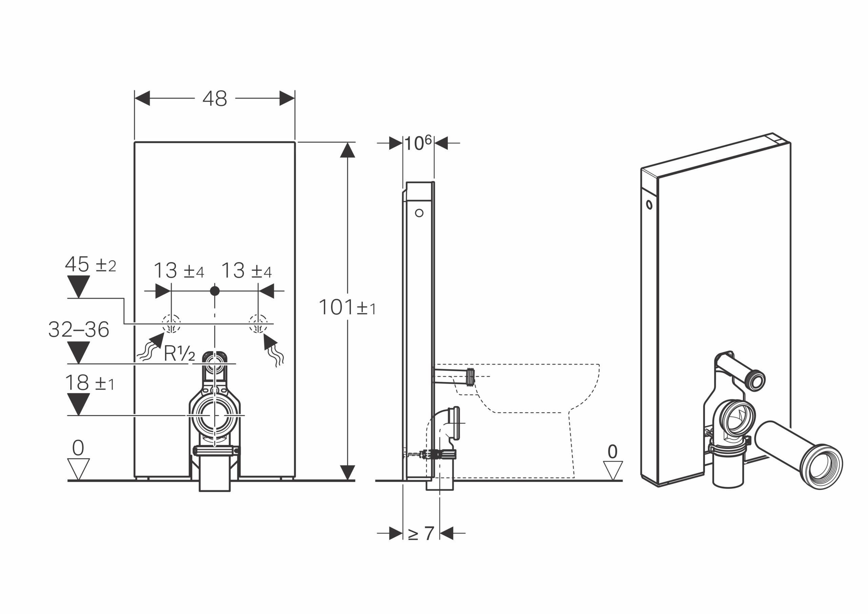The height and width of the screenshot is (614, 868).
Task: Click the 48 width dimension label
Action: point(215,99)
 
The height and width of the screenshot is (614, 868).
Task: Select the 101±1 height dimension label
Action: point(348,307)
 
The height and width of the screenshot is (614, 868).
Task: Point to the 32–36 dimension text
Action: point(79,330)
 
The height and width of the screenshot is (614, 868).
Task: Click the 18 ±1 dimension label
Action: point(90,383)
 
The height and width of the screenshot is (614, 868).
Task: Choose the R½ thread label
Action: point(179,354)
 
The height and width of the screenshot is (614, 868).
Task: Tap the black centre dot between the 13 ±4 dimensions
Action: point(215,291)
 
